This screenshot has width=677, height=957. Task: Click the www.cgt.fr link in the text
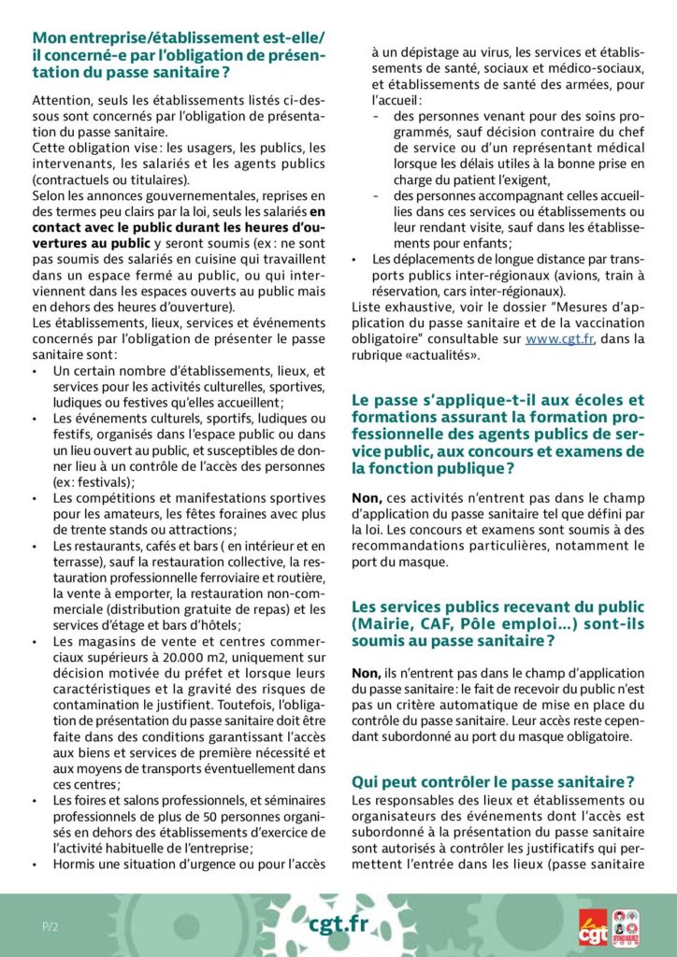(x=557, y=339)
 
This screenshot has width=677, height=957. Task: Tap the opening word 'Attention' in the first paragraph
(x=62, y=99)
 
